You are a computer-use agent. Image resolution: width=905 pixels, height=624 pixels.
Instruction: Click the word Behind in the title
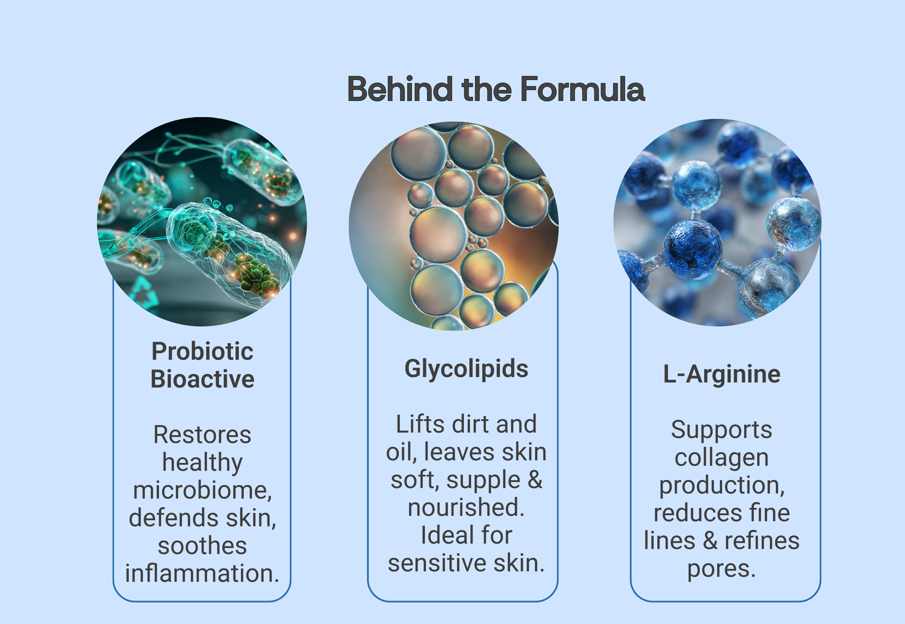400,89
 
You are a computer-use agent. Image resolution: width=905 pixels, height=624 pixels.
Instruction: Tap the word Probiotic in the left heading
202,351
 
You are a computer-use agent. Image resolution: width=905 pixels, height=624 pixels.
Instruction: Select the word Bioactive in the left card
202,379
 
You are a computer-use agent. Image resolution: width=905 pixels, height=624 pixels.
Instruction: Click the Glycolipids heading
466,369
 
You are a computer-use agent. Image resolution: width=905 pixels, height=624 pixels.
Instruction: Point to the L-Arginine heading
721,374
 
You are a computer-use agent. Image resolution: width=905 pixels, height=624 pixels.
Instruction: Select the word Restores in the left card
202,435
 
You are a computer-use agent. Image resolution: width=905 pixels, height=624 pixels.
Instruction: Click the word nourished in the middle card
463,507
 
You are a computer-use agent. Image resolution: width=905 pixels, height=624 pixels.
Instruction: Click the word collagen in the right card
721,457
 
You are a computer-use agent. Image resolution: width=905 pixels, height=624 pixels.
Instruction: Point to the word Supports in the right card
721,430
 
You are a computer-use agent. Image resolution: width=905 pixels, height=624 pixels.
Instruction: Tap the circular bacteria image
202,222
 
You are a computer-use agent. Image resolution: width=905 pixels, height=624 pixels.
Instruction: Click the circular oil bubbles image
454,226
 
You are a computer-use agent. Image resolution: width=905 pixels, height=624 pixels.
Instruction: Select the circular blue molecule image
717,222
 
